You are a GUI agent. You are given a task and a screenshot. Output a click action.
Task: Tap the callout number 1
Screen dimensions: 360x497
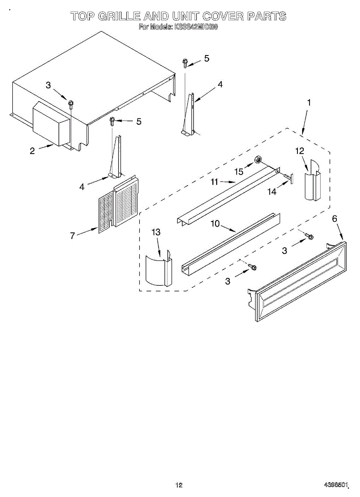click(309, 102)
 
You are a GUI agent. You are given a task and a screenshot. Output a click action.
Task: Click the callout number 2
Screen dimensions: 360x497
click(32, 151)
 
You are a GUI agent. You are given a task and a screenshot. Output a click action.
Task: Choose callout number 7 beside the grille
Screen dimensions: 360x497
click(72, 236)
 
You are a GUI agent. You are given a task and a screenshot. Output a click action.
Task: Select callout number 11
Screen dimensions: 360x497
click(215, 181)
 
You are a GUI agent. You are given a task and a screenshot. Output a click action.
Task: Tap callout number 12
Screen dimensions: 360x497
click(300, 151)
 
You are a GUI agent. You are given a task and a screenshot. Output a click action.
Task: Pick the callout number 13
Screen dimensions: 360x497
click(156, 232)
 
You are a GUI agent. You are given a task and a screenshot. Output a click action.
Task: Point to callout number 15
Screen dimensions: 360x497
click(239, 171)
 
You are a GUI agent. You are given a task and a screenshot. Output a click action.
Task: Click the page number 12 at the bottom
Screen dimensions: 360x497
click(179, 485)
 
